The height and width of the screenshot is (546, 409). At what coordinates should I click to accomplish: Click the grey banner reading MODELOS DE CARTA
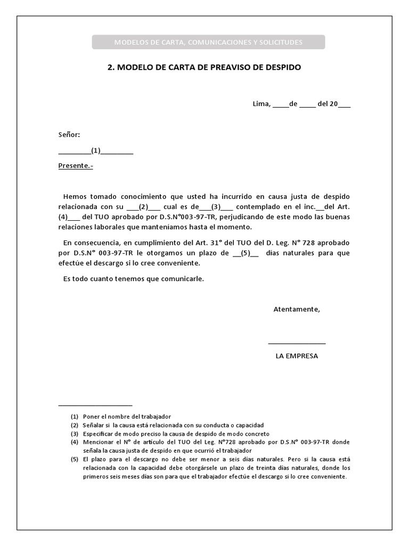click(208, 42)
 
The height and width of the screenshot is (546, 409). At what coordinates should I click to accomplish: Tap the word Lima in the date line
click(261, 104)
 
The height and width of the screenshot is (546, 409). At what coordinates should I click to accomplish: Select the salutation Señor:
click(69, 135)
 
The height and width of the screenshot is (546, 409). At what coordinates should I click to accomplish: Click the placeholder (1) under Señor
click(96, 150)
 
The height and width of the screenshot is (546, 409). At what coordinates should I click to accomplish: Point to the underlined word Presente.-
click(76, 166)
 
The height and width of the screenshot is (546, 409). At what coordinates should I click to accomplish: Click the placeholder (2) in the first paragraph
click(143, 207)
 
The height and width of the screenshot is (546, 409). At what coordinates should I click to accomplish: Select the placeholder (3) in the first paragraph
click(216, 207)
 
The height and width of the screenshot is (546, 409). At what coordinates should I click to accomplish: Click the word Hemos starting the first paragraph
click(75, 197)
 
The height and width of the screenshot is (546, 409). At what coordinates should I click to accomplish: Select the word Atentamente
click(297, 309)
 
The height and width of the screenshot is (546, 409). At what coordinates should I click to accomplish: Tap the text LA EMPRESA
click(297, 356)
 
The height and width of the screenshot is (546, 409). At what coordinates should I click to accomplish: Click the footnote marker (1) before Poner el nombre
click(75, 416)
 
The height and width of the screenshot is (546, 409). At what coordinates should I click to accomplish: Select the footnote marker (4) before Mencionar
click(75, 443)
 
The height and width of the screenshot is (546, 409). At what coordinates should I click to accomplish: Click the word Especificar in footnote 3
click(99, 434)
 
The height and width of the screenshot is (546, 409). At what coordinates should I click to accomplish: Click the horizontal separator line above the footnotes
click(95, 405)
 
